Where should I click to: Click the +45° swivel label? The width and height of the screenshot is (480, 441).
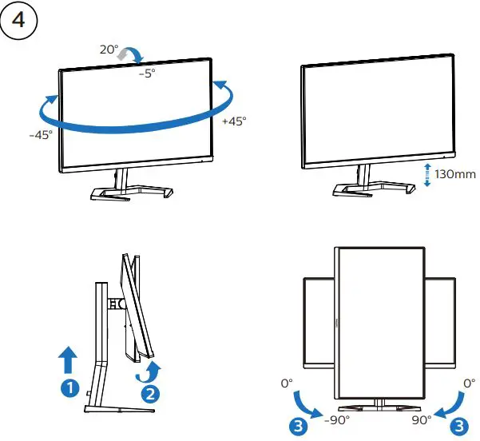(233, 121)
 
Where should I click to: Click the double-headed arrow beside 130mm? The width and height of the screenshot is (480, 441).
(427, 173)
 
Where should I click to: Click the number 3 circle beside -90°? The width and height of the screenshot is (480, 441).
(298, 426)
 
